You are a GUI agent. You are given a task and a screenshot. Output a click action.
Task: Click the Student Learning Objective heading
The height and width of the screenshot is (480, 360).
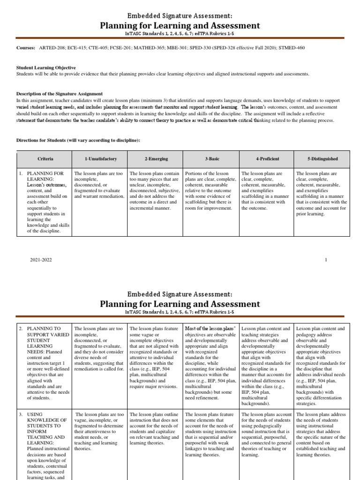point(46,67)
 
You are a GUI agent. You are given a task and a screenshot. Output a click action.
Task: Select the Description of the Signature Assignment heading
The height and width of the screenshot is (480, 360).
point(60,94)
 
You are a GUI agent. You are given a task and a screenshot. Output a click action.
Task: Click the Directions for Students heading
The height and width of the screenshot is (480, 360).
point(78,140)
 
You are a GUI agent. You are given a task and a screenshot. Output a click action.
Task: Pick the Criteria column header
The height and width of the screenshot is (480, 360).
point(45,159)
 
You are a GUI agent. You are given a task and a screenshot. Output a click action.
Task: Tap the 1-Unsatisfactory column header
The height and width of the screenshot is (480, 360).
point(100,159)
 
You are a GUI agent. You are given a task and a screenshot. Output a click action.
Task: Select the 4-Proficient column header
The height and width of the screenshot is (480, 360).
point(267,159)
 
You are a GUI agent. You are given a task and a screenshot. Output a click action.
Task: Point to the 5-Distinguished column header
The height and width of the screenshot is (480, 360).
point(322,159)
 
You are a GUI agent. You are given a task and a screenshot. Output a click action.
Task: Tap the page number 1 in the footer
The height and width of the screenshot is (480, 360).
point(326,259)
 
